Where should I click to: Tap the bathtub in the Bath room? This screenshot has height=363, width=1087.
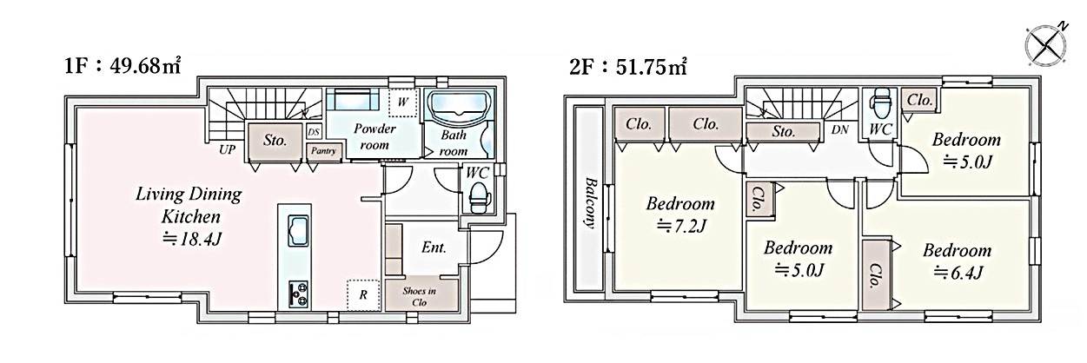(461, 109)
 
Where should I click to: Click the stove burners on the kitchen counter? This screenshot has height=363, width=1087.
(298, 294)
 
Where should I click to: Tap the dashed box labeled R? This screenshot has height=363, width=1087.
(363, 294)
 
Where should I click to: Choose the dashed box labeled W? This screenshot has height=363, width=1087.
(403, 102)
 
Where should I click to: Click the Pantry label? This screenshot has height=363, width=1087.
(324, 151)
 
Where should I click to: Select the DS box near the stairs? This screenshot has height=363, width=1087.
(314, 132)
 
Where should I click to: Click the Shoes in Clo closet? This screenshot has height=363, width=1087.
(421, 294)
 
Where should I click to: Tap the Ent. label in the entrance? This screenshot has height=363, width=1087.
(434, 247)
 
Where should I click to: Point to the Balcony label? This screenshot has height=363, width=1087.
(589, 203)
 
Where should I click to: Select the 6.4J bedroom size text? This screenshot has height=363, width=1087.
(958, 273)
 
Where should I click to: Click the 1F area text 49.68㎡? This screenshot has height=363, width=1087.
(146, 65)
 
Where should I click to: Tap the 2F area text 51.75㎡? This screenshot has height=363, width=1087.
(651, 67)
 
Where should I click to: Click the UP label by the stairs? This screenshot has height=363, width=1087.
(227, 150)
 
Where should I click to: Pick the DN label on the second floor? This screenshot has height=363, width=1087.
(840, 130)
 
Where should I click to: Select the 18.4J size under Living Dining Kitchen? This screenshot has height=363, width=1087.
(192, 239)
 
